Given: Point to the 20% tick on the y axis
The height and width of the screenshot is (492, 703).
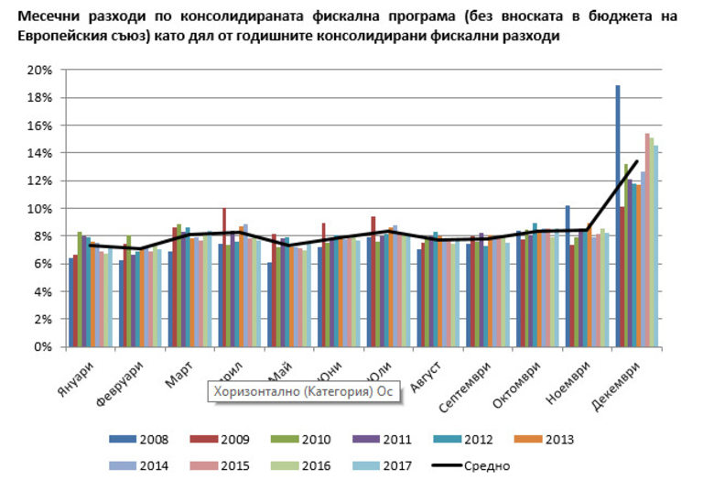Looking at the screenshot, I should [38, 71].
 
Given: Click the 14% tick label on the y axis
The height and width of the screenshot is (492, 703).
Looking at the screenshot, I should [38, 153].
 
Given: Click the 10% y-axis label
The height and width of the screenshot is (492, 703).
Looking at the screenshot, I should [38, 209].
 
